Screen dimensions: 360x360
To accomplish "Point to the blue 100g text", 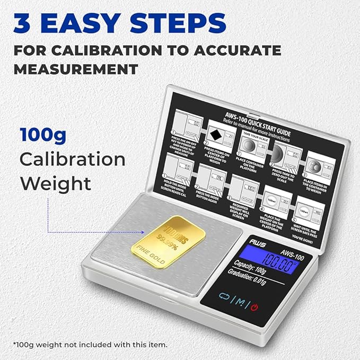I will (x=43, y=135).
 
